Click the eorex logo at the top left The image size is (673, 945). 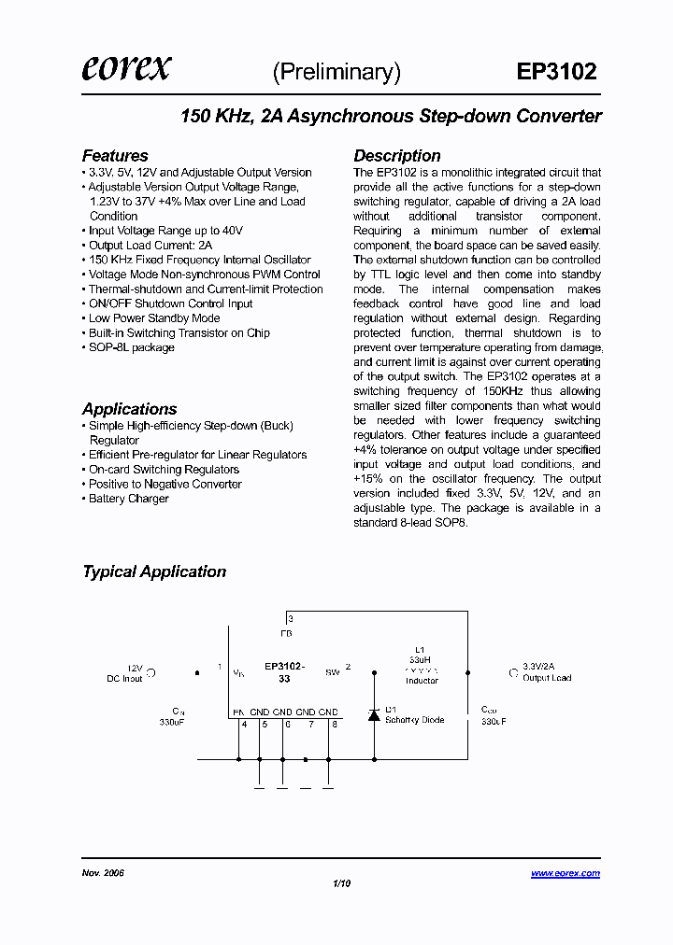(x=126, y=69)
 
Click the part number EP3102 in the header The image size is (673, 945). (x=556, y=73)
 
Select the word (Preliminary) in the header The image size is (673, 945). (x=336, y=73)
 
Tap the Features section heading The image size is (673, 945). (x=115, y=156)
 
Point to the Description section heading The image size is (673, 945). (x=396, y=156)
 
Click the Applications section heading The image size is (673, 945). (x=129, y=409)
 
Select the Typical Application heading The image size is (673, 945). (x=154, y=571)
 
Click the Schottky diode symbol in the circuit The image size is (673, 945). (x=374, y=715)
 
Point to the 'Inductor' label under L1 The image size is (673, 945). (x=422, y=681)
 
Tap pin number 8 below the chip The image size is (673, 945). (x=334, y=724)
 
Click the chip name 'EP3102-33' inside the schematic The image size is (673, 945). (x=284, y=672)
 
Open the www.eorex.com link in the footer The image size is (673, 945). (x=566, y=873)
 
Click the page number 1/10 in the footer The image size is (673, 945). (x=341, y=883)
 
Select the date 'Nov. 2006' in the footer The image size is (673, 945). (x=103, y=873)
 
